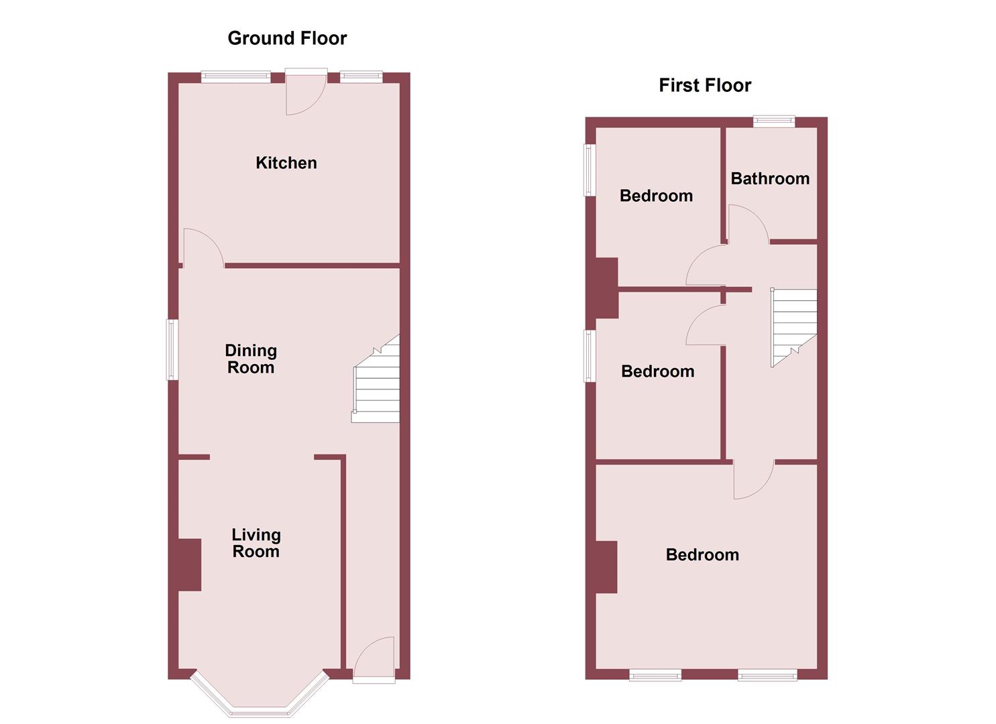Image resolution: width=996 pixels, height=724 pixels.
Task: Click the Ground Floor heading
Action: click(x=287, y=38)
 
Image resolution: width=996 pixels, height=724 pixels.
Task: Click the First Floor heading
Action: click(x=705, y=85)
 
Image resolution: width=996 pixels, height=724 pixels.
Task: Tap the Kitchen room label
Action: click(x=286, y=163)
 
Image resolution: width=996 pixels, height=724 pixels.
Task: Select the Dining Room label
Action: click(x=251, y=359)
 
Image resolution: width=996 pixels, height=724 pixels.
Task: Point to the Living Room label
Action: click(x=256, y=543)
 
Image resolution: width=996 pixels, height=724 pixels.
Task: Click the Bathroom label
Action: click(x=770, y=178)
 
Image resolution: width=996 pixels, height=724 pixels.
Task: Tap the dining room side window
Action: click(x=172, y=349)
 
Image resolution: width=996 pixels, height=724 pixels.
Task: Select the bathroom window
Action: click(x=773, y=121)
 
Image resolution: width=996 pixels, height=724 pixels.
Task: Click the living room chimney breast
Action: click(x=190, y=564)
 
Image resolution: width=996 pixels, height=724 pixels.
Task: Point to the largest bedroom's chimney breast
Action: click(x=606, y=566)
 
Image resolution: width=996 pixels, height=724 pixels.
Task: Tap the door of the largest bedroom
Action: click(x=753, y=479)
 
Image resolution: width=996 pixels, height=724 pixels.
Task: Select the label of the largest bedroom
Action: click(x=702, y=554)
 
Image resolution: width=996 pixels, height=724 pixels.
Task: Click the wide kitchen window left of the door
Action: click(x=236, y=77)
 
